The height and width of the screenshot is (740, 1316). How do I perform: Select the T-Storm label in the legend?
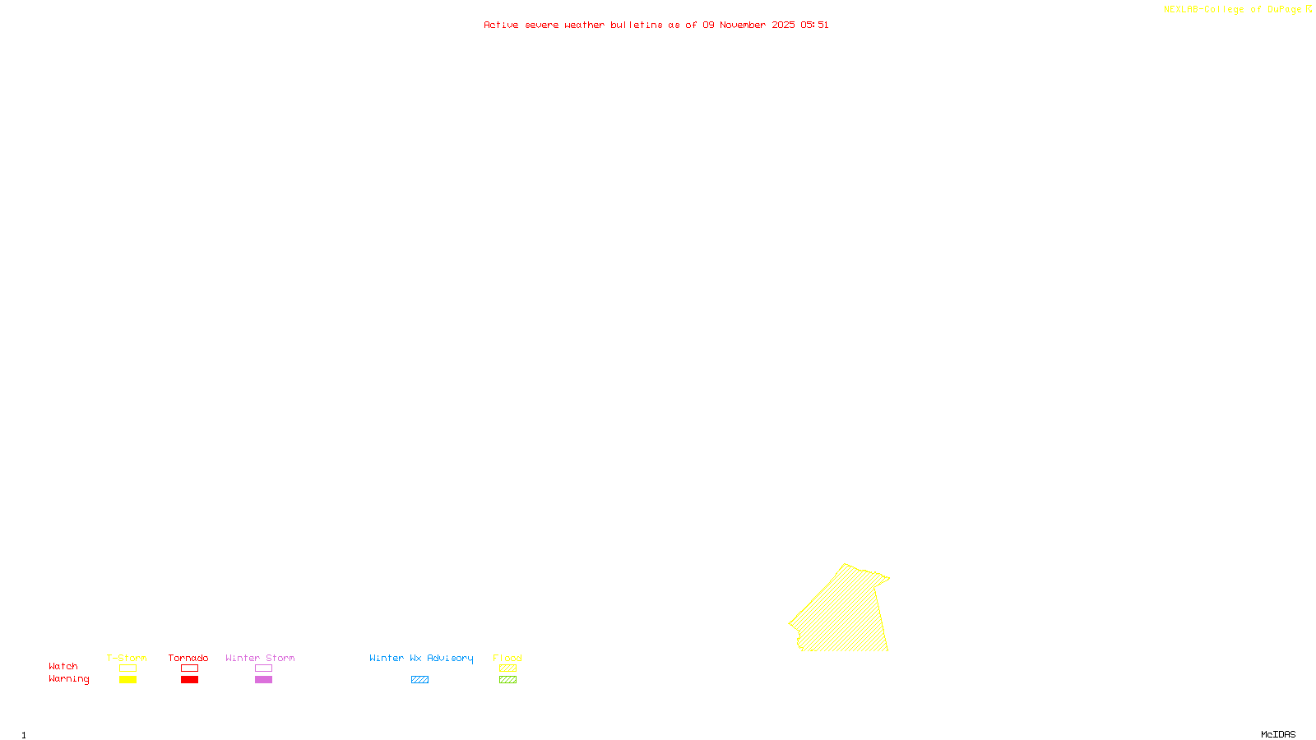tap(127, 658)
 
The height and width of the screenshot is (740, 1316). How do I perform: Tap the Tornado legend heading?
tap(188, 658)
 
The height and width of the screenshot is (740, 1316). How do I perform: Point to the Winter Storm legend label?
tap(260, 658)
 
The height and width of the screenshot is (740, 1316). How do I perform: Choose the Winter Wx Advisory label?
tap(421, 658)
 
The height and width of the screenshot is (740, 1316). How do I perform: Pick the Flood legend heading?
tap(507, 658)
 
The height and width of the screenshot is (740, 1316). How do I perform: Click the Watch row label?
tap(63, 666)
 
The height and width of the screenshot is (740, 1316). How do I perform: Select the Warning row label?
tap(69, 679)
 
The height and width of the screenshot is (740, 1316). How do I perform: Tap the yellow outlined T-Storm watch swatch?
tap(127, 668)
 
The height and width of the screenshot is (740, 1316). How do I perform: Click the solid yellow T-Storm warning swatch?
tap(127, 680)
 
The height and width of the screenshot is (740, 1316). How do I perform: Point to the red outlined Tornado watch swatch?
tap(189, 668)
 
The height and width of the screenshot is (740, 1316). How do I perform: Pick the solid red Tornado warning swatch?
tap(189, 680)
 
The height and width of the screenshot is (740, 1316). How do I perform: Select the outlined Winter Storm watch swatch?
tap(263, 668)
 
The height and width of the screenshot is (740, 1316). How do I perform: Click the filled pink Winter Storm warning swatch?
tap(263, 680)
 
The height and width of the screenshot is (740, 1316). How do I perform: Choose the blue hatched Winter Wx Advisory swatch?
tap(419, 680)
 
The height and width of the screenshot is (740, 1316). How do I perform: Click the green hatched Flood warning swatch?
tap(507, 680)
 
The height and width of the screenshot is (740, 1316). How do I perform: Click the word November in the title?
tap(743, 25)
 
